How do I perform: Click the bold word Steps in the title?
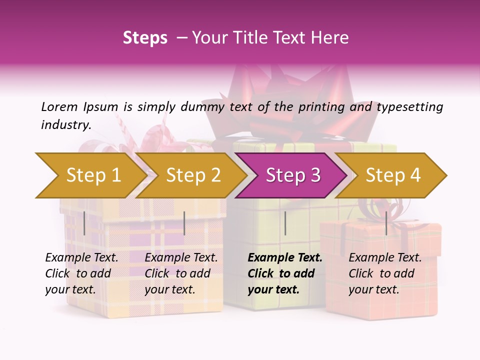(x=145, y=38)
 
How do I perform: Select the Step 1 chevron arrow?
(x=90, y=175)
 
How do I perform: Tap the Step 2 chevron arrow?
(x=192, y=175)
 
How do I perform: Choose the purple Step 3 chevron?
(x=292, y=175)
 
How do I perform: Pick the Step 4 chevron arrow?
(x=392, y=175)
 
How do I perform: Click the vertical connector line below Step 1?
(x=84, y=223)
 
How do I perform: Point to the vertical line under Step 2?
(x=184, y=223)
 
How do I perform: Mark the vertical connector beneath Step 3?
(x=285, y=223)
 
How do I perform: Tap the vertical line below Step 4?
(x=386, y=223)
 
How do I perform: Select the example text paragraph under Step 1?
(x=81, y=273)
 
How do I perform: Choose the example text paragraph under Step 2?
(x=181, y=273)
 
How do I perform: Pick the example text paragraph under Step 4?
(x=385, y=273)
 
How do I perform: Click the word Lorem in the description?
(x=59, y=107)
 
